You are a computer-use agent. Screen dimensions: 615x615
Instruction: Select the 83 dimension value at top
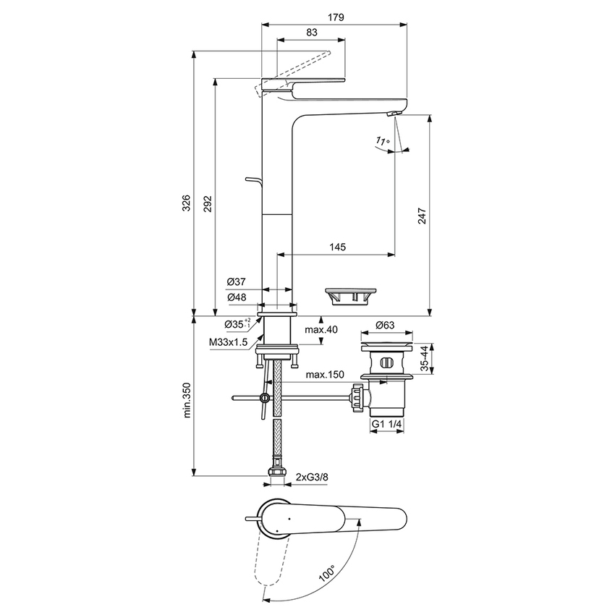point(311,32)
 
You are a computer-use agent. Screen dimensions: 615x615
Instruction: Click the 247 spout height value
point(423,216)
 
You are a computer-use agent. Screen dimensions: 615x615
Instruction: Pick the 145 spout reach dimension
point(337,247)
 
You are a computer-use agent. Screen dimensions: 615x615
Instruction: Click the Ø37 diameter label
point(237,281)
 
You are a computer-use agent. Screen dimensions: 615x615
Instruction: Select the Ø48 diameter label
point(237,297)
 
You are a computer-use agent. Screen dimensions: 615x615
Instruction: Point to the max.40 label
point(321,330)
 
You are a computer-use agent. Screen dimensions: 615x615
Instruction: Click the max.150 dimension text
point(323,375)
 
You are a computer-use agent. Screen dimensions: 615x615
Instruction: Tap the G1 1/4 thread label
point(387,424)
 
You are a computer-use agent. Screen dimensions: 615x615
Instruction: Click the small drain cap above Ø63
point(350,294)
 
